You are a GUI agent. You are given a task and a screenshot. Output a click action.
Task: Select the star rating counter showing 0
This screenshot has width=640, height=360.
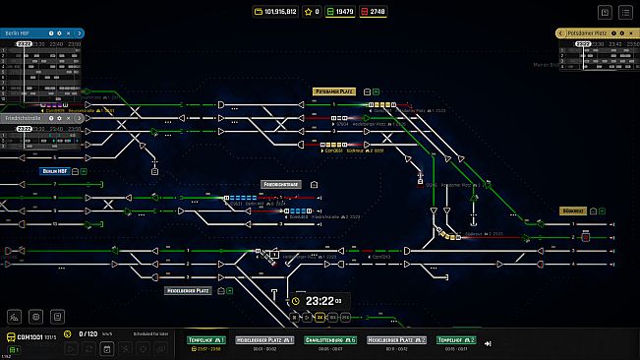tap(313, 11)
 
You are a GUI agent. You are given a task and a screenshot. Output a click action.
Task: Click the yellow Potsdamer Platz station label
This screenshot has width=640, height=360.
tap(334, 90)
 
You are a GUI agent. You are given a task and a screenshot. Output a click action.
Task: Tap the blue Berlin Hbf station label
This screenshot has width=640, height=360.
tap(54, 170)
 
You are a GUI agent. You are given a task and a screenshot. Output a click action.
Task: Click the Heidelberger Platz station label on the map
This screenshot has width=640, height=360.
tap(188, 290)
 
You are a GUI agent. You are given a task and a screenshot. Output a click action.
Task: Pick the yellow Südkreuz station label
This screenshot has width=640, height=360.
tap(572, 210)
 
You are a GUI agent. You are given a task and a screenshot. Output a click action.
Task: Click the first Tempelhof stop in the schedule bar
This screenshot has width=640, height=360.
tap(206, 340)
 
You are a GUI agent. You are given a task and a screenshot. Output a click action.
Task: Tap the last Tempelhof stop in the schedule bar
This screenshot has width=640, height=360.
tap(455, 340)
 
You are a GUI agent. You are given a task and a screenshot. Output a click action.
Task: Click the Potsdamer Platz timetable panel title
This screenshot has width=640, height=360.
tap(586, 33)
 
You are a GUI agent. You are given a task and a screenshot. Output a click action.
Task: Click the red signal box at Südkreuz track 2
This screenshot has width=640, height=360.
tap(586, 237)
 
